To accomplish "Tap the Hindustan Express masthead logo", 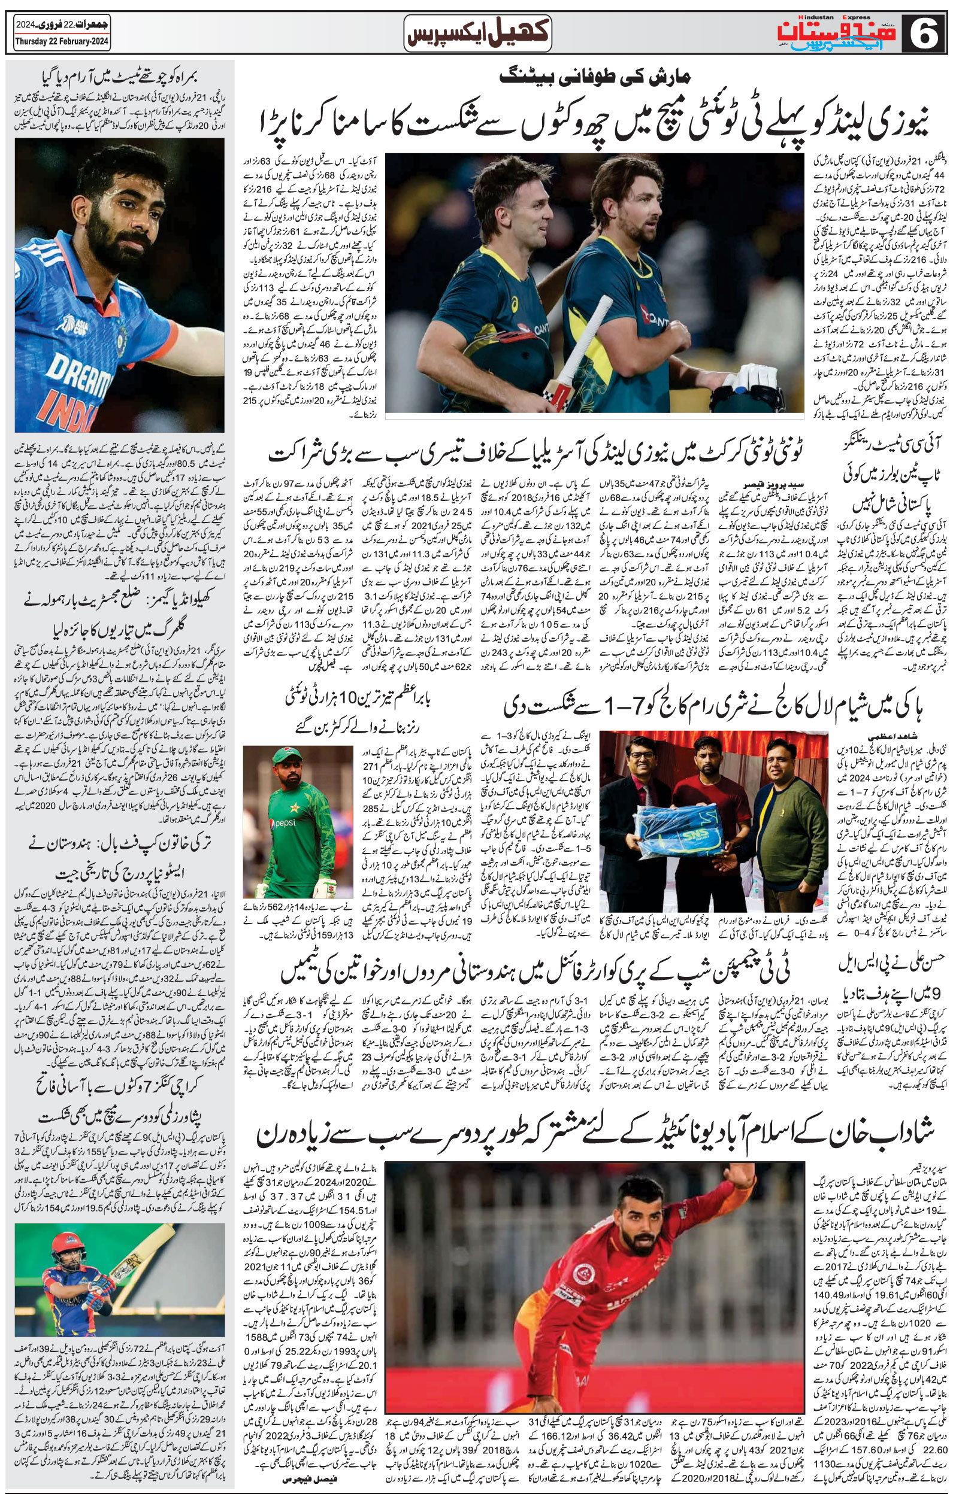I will [837, 33].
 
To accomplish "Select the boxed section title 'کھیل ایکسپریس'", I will [477, 32].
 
